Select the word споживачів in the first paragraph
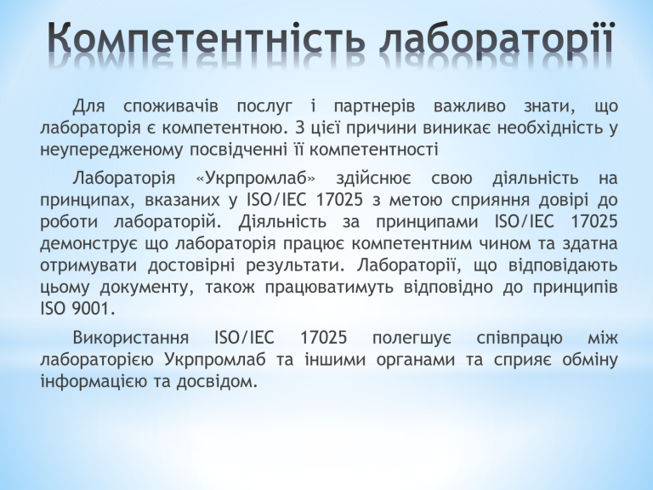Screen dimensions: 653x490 171,107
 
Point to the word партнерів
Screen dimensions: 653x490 374,107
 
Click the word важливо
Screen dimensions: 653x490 469,106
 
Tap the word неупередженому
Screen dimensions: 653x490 111,150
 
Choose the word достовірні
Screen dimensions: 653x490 191,265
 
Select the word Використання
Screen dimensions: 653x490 131,338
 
